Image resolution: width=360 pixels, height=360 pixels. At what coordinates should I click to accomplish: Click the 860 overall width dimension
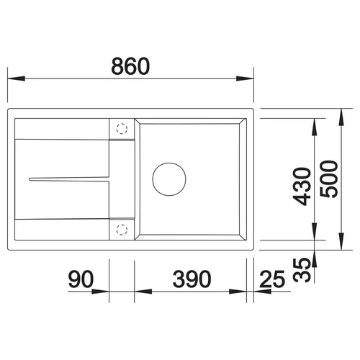(x=130, y=66)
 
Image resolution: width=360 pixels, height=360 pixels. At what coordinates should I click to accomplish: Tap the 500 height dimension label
(x=329, y=179)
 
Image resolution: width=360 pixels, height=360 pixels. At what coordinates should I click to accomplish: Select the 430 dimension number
(x=302, y=186)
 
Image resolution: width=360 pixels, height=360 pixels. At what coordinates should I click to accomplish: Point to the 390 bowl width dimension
(x=192, y=279)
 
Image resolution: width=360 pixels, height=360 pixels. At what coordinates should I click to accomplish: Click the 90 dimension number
(x=81, y=279)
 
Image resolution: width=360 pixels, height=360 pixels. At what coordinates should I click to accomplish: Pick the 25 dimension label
(x=272, y=279)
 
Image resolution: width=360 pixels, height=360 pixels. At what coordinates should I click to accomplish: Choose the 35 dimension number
(x=302, y=270)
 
